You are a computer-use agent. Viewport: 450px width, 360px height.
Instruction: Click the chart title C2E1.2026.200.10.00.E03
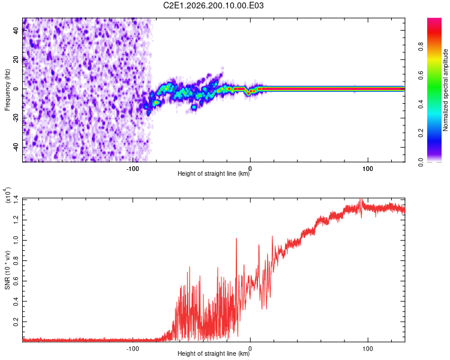click(x=213, y=5)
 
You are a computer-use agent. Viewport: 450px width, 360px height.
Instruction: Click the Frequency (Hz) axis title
click(x=7, y=90)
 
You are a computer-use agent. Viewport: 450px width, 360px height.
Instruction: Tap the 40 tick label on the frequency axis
click(x=16, y=31)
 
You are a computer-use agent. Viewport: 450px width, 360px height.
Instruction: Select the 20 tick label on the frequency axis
click(x=16, y=60)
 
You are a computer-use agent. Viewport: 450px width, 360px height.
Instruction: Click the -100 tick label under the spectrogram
click(x=133, y=169)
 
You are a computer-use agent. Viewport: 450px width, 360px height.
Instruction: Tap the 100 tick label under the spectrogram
click(x=368, y=169)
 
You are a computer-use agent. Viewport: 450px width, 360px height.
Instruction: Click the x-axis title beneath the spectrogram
click(x=214, y=173)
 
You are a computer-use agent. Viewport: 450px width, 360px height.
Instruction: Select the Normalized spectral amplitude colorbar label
click(x=445, y=90)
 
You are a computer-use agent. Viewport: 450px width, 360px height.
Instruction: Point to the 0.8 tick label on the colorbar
click(x=421, y=47)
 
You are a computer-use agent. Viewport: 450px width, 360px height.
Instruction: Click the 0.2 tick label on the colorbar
click(x=421, y=133)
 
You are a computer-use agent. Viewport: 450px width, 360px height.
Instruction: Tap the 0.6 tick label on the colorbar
click(x=421, y=76)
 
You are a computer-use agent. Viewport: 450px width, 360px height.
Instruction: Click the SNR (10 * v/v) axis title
click(x=7, y=270)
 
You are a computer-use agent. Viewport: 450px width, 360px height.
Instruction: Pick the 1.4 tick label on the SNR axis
click(x=16, y=199)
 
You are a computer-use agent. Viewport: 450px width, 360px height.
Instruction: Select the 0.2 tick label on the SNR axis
click(x=16, y=322)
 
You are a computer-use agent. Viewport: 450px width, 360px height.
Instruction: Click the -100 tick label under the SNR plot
click(x=133, y=349)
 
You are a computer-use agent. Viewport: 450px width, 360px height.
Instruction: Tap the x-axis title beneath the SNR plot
click(x=214, y=353)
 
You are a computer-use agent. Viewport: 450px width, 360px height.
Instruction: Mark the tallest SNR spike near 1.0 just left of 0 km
click(x=236, y=239)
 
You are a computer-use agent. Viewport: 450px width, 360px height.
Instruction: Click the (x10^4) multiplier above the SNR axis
click(x=8, y=195)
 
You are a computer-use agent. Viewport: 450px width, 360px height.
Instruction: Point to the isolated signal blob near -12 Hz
click(x=194, y=107)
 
